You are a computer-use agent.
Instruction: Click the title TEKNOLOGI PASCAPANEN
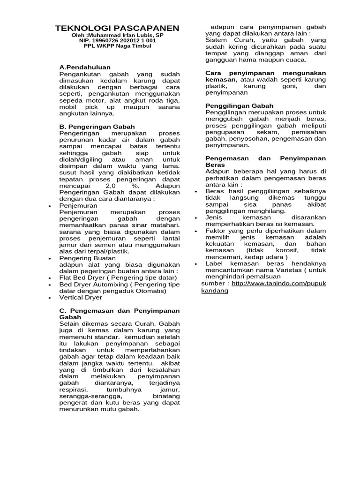click(117, 28)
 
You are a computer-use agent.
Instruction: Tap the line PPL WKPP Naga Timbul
click(117, 46)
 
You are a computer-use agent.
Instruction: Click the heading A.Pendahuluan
click(85, 67)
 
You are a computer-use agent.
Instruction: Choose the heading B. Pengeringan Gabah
click(97, 127)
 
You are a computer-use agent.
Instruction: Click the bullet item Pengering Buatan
click(87, 258)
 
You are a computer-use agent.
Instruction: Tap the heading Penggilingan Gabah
click(240, 106)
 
